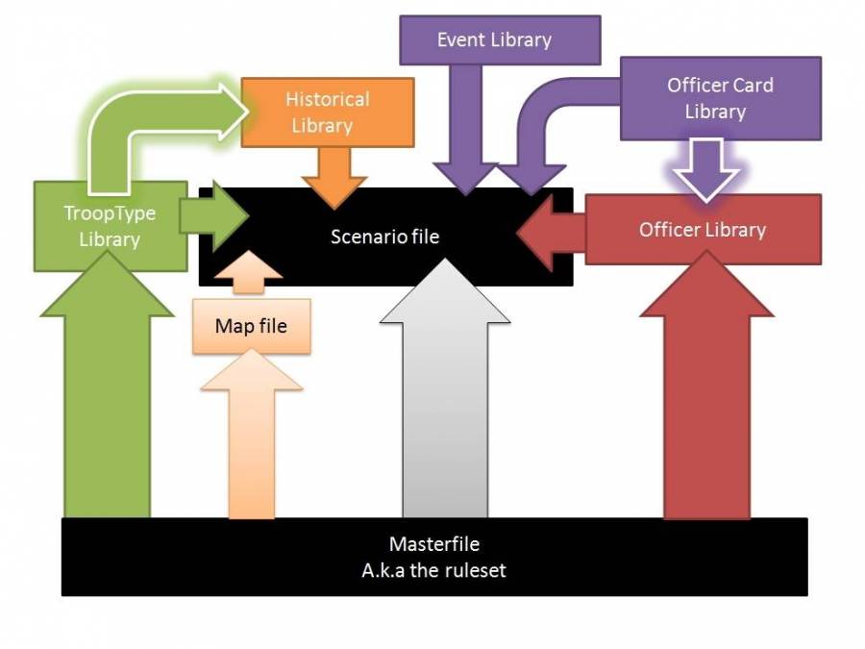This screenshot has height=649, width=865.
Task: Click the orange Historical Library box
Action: point(327,112)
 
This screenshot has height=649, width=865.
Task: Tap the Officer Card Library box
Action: point(720,98)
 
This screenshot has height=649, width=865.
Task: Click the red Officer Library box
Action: point(703,230)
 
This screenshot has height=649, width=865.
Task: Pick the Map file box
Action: point(251,326)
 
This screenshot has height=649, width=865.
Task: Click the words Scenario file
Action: point(384,236)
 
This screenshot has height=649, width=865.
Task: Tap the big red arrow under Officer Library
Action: point(705,404)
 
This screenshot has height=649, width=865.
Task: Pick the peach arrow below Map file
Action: point(251,433)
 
